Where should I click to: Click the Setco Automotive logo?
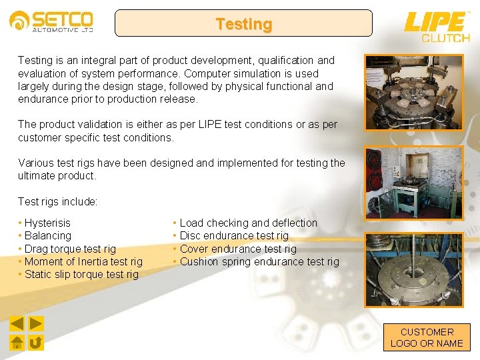(51, 21)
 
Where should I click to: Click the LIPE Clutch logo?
(437, 27)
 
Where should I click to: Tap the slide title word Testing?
(243, 25)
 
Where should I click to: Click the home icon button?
(17, 343)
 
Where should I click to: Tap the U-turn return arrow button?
(36, 343)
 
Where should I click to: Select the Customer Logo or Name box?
(427, 337)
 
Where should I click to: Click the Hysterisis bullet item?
(47, 223)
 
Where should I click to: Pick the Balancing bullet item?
(47, 235)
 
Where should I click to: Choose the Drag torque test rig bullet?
(70, 249)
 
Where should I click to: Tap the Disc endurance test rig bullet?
(234, 235)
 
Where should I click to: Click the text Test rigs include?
(58, 201)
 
